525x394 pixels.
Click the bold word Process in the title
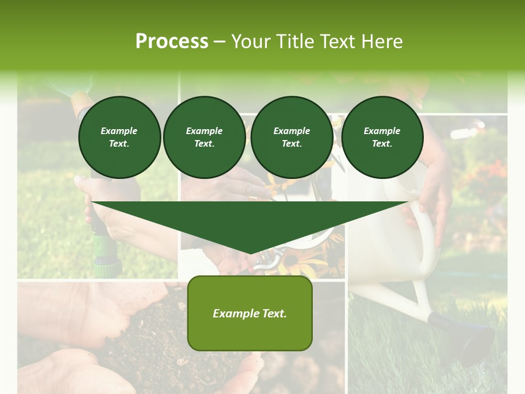coord(172,42)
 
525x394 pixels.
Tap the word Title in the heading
coord(295,42)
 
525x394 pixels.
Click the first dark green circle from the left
coord(119,137)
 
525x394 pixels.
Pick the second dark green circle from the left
coord(204,137)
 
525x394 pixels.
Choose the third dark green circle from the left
coord(291,137)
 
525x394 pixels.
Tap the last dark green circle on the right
coord(382,137)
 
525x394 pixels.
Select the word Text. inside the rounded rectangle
coord(274,314)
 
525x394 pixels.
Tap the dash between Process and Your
coord(219,42)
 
